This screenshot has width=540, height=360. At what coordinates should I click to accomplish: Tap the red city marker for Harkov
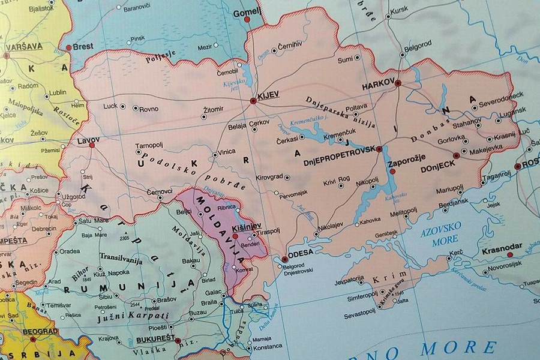coord(398,83)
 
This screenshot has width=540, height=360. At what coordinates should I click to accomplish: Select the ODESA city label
coord(302,253)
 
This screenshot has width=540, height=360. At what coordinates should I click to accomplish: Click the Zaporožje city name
coord(408,163)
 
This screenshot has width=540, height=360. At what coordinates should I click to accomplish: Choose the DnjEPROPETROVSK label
coord(339,148)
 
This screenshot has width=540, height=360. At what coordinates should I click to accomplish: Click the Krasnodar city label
coord(502,246)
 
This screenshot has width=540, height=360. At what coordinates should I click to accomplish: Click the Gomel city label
coord(247,11)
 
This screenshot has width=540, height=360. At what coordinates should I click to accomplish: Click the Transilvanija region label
coord(121,260)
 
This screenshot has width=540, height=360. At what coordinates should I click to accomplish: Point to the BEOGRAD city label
coord(40,331)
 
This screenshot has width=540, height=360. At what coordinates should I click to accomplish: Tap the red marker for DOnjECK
coord(456,155)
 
